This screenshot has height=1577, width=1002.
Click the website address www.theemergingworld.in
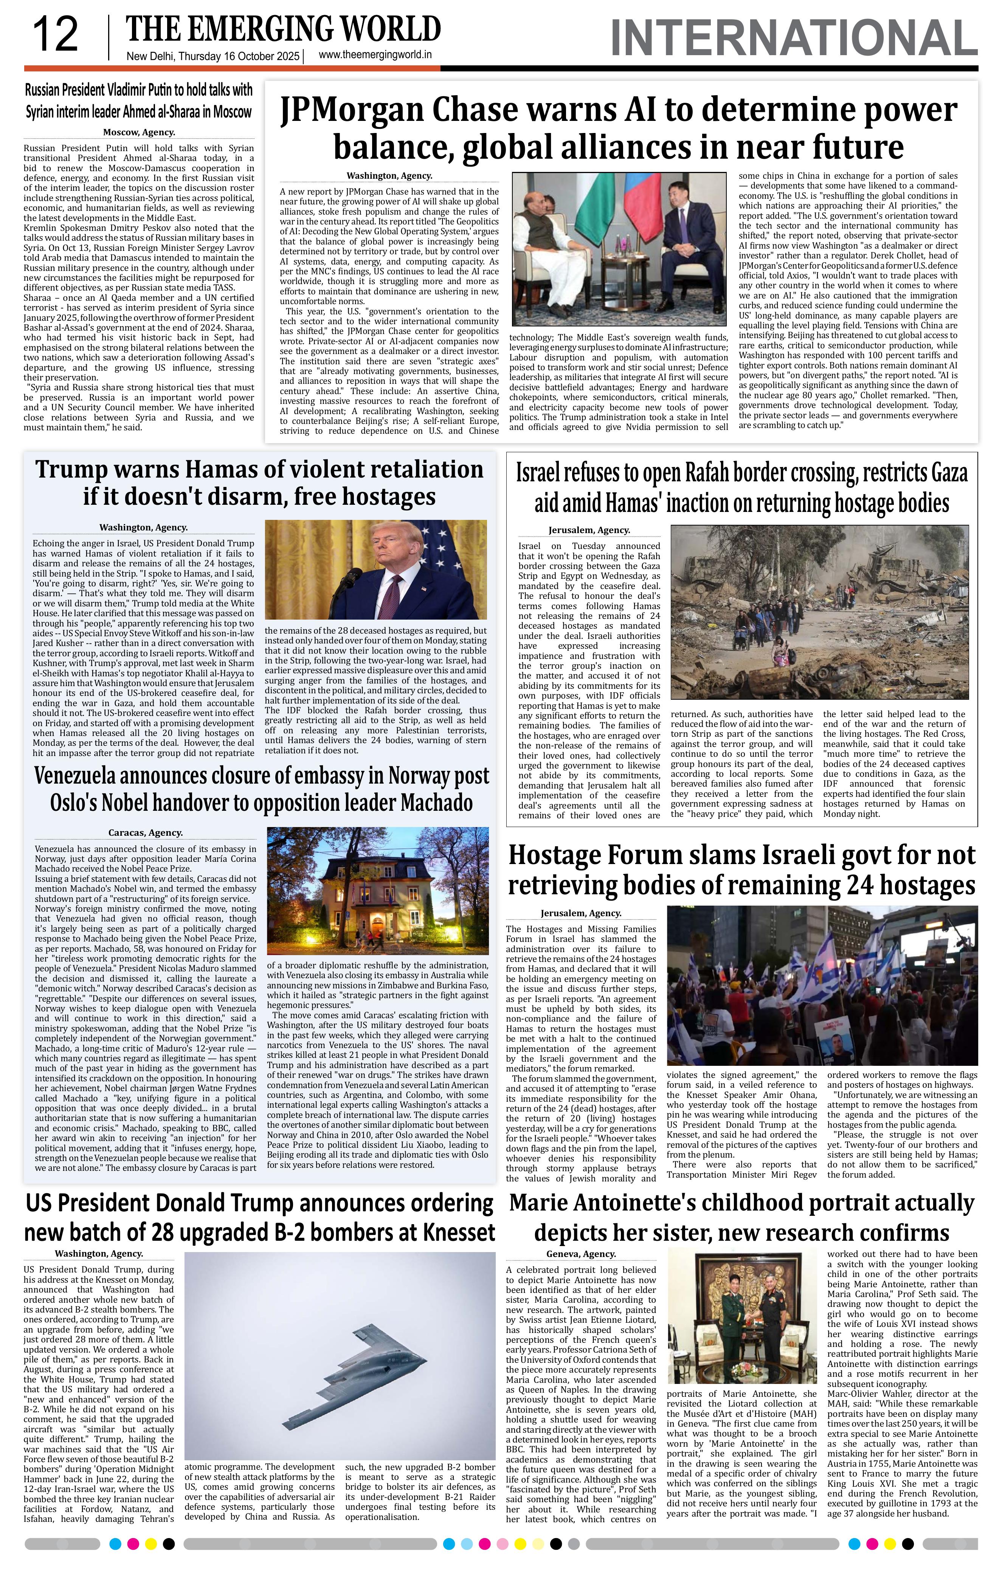375,56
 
